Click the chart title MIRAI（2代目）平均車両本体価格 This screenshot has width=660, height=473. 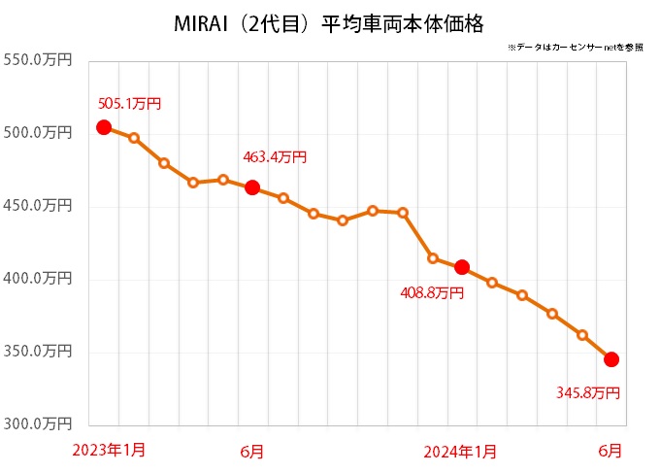pyautogui.click(x=330, y=20)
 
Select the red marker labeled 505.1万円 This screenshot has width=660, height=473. pyautogui.click(x=104, y=127)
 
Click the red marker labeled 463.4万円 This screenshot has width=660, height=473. pyautogui.click(x=252, y=187)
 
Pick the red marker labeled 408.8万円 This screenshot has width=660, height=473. pyautogui.click(x=462, y=267)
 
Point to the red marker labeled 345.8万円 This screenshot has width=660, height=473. pyautogui.click(x=611, y=359)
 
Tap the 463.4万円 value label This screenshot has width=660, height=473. pyautogui.click(x=275, y=156)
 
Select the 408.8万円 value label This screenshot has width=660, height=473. pyautogui.click(x=432, y=291)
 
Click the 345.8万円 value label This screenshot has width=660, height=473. pyautogui.click(x=586, y=392)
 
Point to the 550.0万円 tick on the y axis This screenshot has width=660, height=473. pyautogui.click(x=39, y=60)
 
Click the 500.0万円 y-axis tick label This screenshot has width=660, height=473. pyautogui.click(x=39, y=132)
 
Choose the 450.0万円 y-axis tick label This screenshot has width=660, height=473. pyautogui.click(x=39, y=205)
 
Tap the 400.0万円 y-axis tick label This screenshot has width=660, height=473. pyautogui.click(x=39, y=278)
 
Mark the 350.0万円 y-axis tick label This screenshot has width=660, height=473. pyautogui.click(x=39, y=350)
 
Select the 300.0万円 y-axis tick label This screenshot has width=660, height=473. pyautogui.click(x=39, y=422)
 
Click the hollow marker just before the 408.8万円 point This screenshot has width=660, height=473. pyautogui.click(x=433, y=258)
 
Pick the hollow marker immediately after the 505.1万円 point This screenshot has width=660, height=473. pyautogui.click(x=134, y=138)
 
